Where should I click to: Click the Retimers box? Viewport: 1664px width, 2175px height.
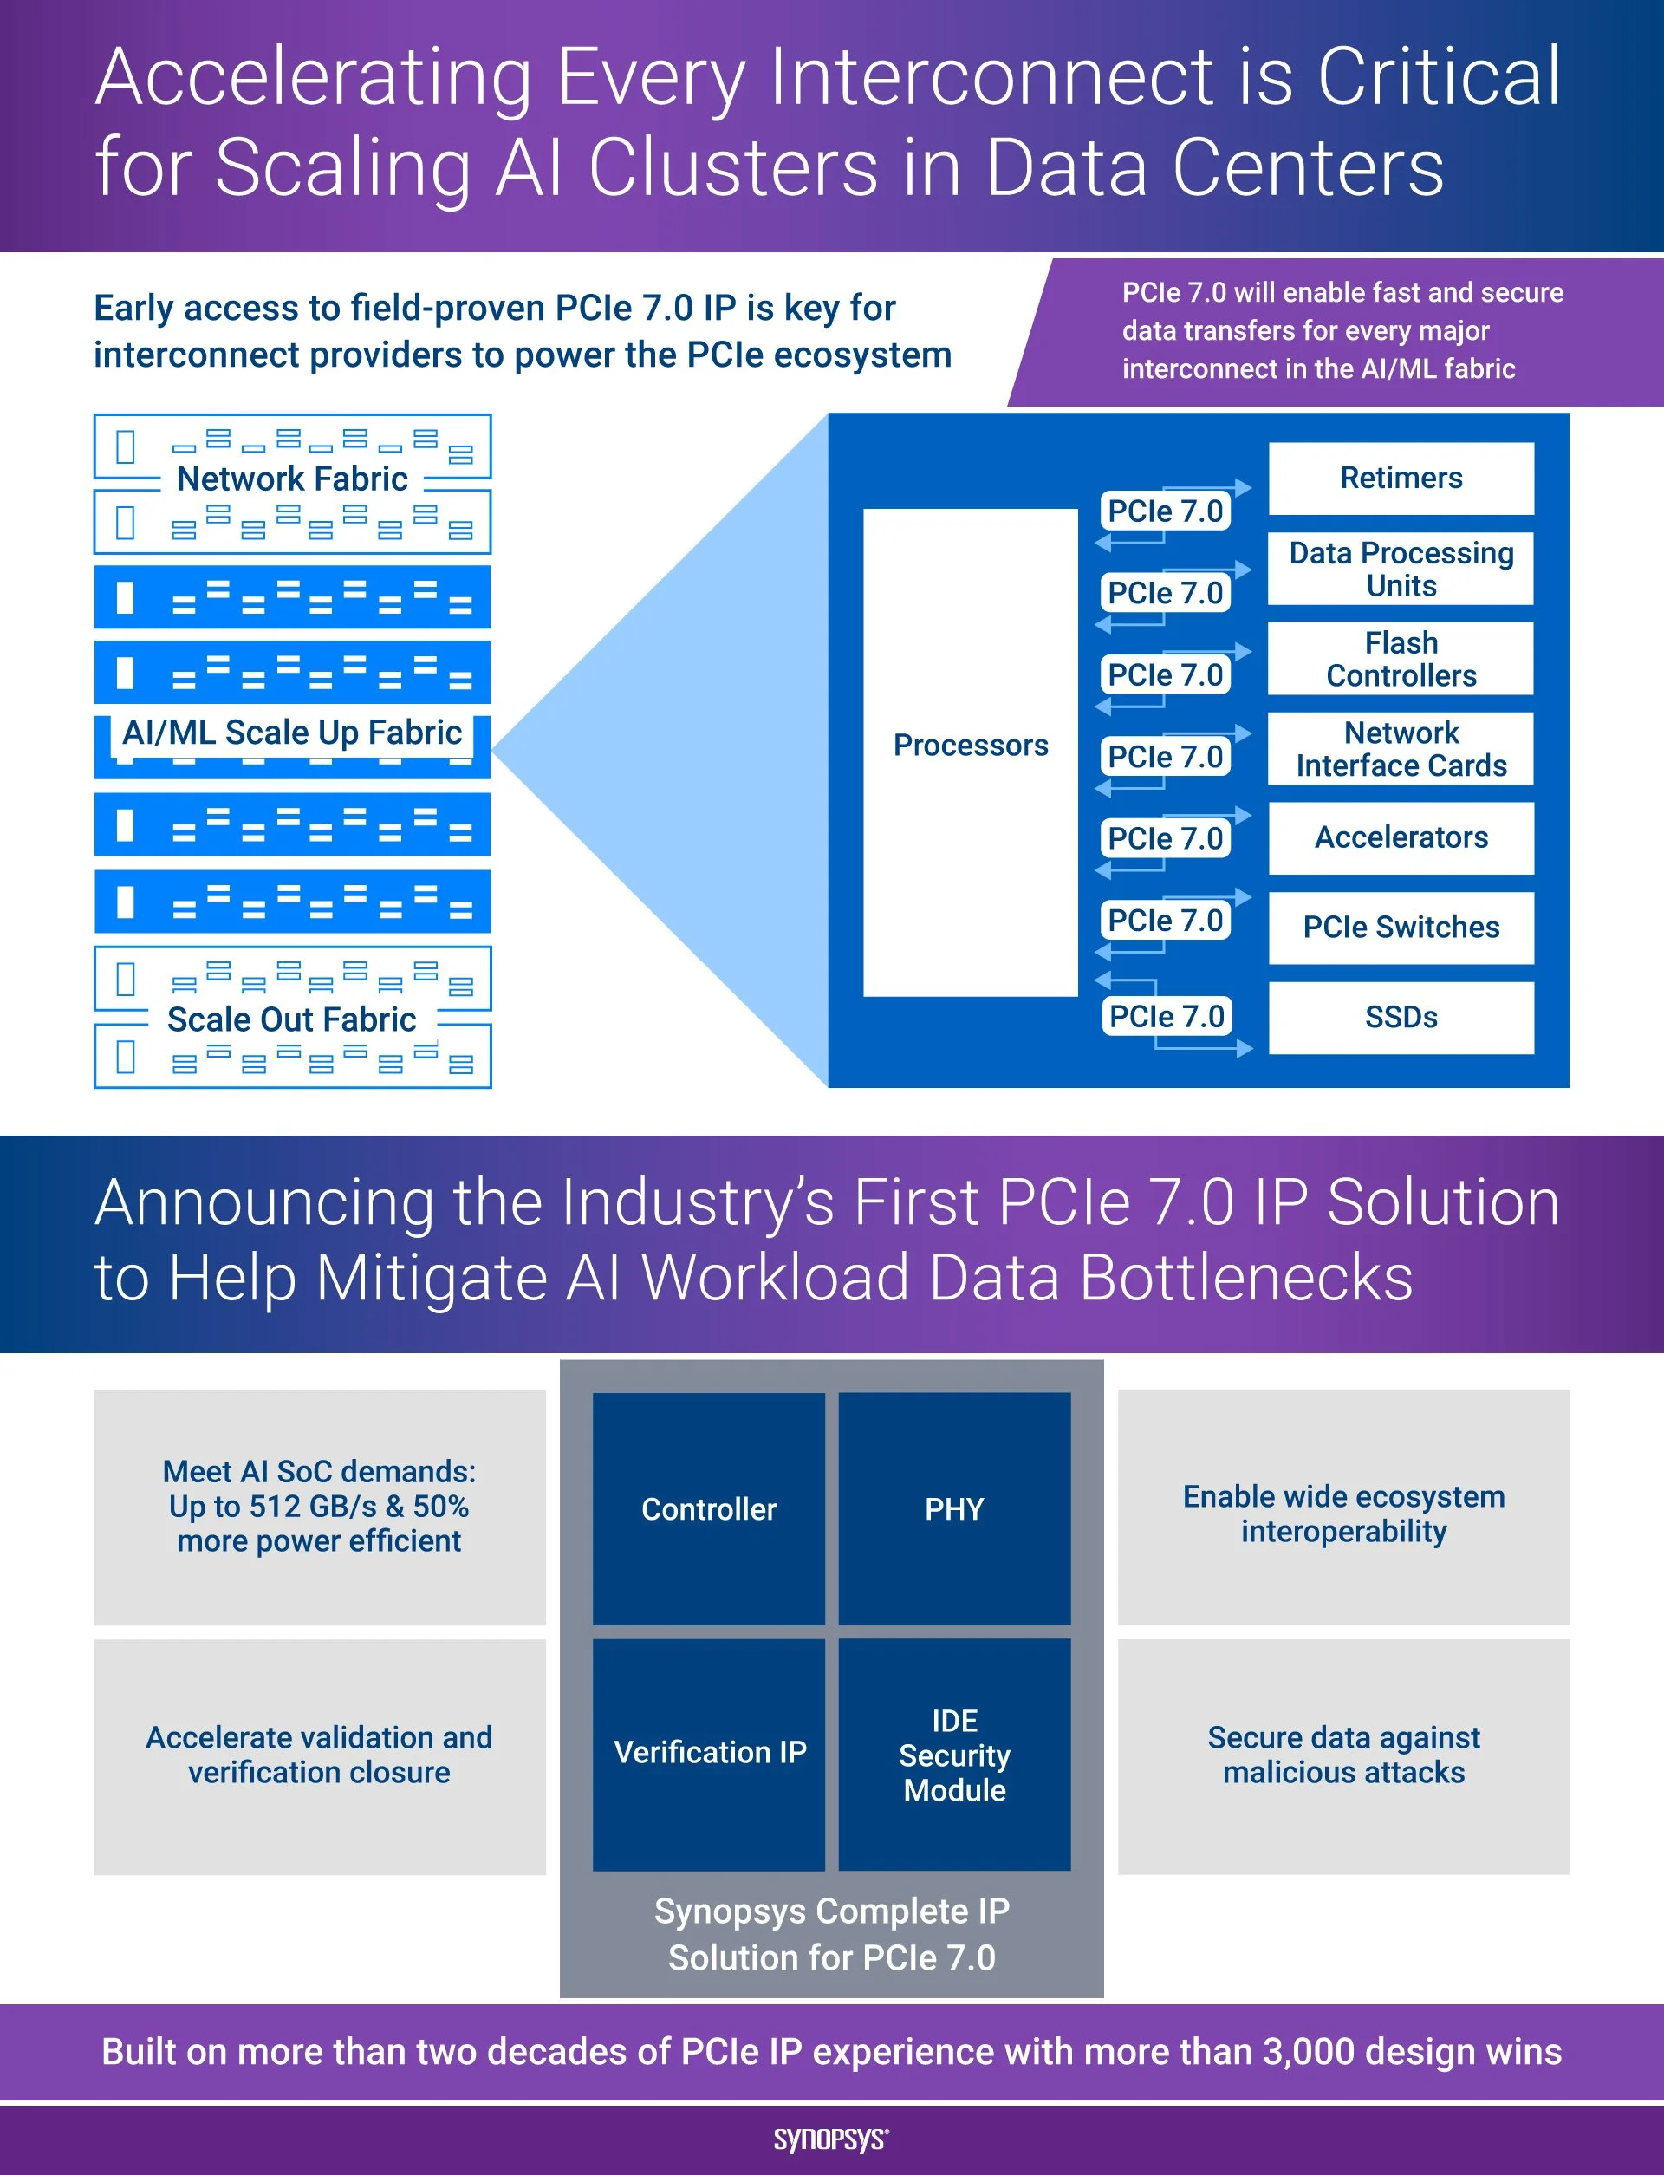(x=1401, y=479)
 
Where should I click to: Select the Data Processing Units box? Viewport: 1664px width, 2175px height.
(x=1401, y=569)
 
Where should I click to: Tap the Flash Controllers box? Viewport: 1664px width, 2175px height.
(x=1401, y=659)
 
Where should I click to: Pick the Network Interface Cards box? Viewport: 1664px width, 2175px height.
(x=1401, y=749)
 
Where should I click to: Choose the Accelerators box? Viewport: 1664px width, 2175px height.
(x=1401, y=838)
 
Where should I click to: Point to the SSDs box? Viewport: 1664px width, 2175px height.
(x=1401, y=1017)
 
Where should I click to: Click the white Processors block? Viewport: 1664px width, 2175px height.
(x=970, y=752)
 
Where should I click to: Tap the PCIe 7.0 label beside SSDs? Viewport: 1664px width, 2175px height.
(x=1166, y=1016)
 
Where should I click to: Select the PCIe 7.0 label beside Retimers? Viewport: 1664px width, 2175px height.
(x=1165, y=511)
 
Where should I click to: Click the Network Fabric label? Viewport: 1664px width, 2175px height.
(x=292, y=479)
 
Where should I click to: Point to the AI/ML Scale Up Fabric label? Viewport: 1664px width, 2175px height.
(x=292, y=733)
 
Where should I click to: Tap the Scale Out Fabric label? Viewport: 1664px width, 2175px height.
(x=292, y=1019)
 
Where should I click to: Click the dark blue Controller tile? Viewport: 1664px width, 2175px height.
(x=708, y=1508)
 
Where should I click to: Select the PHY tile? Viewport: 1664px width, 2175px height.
(x=954, y=1508)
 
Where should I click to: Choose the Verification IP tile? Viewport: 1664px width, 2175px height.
(x=708, y=1753)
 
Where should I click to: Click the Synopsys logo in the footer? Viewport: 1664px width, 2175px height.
(x=831, y=2139)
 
